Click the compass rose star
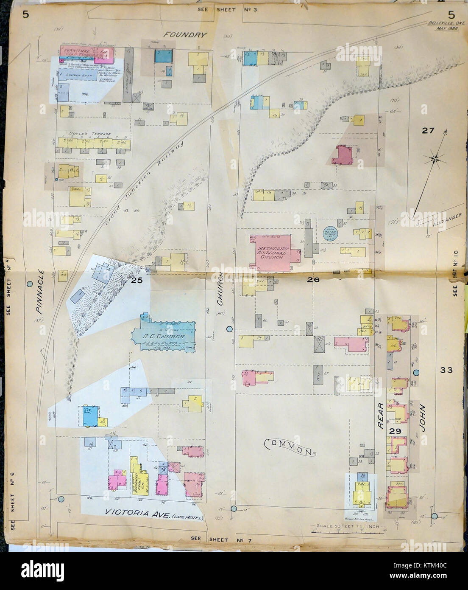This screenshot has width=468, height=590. pos(435,159)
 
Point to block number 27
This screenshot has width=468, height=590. pos(427,131)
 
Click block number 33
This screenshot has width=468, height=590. pos(446,370)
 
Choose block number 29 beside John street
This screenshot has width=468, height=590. pos(395,431)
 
